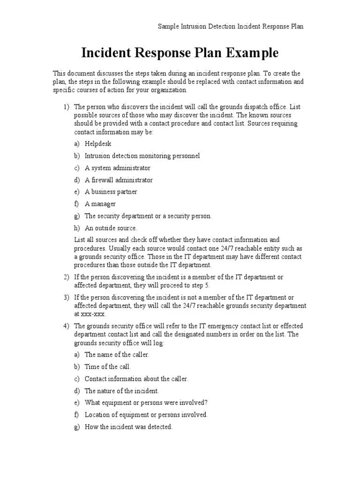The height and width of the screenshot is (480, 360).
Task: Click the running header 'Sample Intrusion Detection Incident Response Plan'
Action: [x=231, y=26]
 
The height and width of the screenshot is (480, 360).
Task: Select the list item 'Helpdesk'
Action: [x=98, y=143]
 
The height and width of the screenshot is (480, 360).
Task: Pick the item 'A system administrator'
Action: [x=118, y=168]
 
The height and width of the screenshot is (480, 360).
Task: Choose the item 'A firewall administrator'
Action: [x=119, y=180]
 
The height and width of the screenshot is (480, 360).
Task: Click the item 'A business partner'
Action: [x=111, y=192]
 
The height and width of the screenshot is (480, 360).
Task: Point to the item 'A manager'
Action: [x=100, y=204]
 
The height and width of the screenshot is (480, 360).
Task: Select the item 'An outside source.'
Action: [x=111, y=228]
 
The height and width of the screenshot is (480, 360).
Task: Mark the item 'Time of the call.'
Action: [x=108, y=367]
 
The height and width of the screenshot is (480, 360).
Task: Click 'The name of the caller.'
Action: [x=117, y=355]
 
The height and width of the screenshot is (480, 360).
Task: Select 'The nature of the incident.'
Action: [x=122, y=390]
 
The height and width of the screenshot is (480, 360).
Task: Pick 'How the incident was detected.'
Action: [x=129, y=427]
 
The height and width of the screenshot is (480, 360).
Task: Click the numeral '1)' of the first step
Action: [x=66, y=107]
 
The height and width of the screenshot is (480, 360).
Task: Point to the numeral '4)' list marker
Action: [x=66, y=326]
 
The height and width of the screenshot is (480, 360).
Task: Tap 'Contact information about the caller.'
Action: [x=136, y=379]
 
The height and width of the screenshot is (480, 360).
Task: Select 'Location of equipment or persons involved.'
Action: [x=146, y=414]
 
